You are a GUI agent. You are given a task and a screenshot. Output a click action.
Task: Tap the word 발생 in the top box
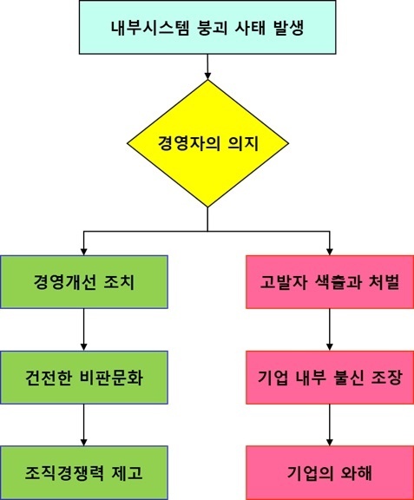[x=289, y=28]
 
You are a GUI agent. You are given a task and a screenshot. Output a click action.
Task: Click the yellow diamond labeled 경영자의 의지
[x=207, y=143]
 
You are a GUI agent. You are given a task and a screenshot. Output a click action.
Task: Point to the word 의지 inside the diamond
[x=243, y=143]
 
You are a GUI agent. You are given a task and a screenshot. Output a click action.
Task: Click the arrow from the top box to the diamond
[x=207, y=67]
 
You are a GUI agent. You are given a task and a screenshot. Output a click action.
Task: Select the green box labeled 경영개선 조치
[x=84, y=282]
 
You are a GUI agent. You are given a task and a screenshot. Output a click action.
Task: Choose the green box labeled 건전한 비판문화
[x=84, y=378]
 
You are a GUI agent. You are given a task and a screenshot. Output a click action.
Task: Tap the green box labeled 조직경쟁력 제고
[x=84, y=472]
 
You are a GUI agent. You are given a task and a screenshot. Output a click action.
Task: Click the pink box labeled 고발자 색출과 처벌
[x=330, y=282]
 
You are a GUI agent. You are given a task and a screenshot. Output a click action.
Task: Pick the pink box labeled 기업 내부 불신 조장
[x=330, y=378]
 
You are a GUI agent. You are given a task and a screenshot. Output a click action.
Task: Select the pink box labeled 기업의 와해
[x=330, y=472]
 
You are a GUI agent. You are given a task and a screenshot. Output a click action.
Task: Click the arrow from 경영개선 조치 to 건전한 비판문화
[x=84, y=330]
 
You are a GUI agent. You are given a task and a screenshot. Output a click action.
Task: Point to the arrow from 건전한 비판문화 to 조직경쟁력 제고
[x=84, y=425]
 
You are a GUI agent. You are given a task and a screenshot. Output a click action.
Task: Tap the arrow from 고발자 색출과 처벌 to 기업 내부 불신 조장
[x=330, y=330]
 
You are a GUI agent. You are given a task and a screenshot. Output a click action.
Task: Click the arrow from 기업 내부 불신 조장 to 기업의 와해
[x=330, y=425]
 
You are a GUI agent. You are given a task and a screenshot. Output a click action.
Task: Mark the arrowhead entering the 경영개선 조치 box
[x=84, y=252]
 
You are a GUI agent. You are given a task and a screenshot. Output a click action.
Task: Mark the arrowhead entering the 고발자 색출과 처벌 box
[x=330, y=252]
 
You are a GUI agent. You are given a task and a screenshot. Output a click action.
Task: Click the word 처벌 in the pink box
[x=384, y=282]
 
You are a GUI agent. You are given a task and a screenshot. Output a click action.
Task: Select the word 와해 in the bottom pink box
[x=356, y=472]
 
